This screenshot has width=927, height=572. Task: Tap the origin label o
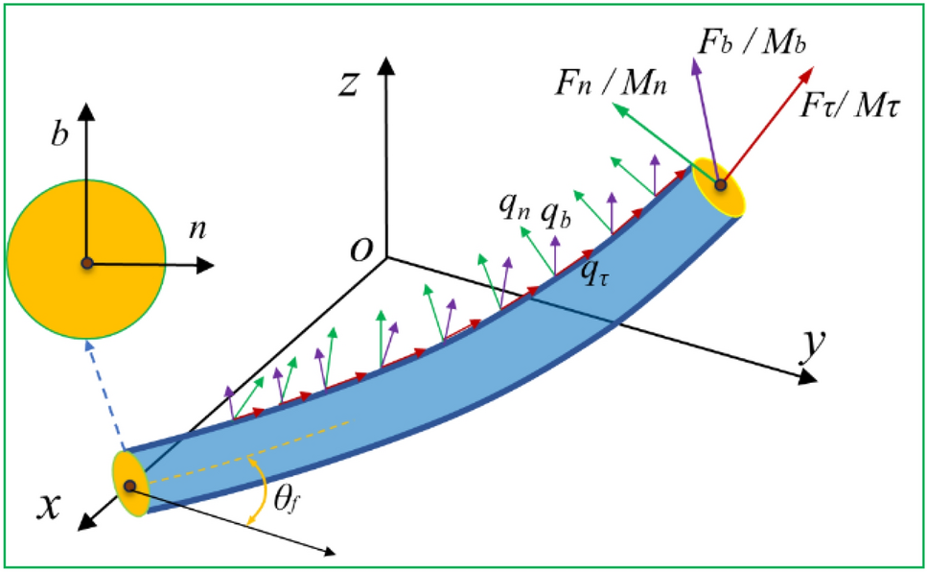coord(361,248)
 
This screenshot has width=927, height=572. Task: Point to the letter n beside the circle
coord(197,231)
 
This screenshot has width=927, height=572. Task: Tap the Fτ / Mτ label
coord(848,105)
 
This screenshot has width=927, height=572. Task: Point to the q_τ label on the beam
coord(595,274)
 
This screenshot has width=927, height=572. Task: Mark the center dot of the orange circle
coord(86,263)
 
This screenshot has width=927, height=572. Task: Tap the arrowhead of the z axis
coord(386,65)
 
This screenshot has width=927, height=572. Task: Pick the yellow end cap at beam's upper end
coord(720,186)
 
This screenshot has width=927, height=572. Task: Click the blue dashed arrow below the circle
coord(105,394)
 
